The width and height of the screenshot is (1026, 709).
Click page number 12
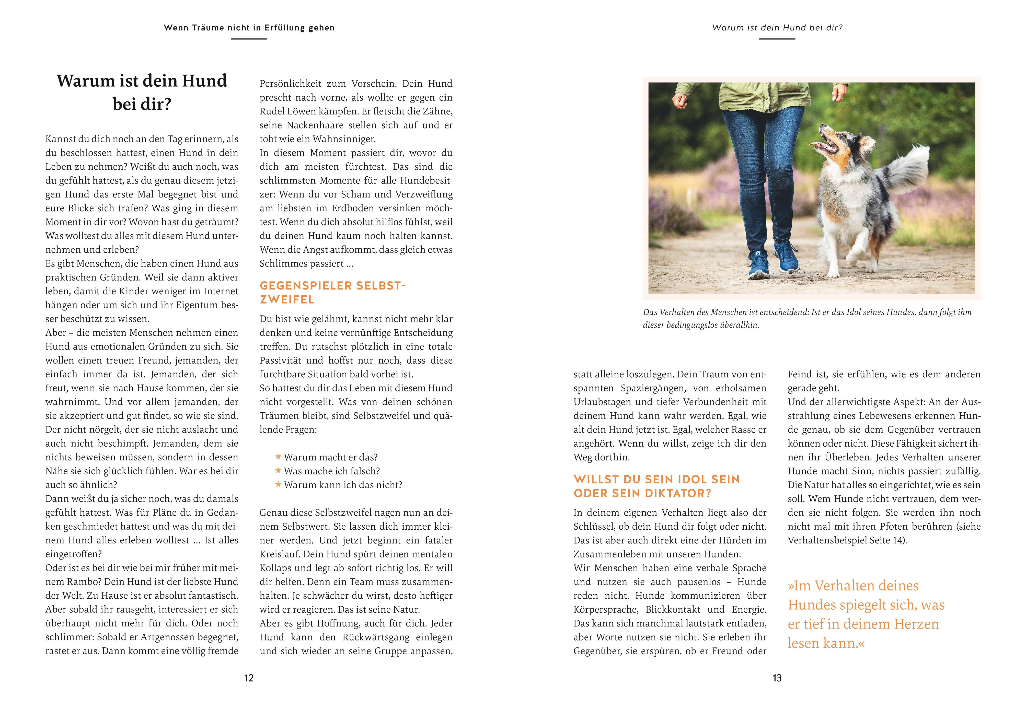click(x=249, y=678)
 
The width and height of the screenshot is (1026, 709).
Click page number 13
click(x=777, y=678)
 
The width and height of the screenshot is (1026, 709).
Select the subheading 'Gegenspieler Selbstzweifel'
click(x=333, y=292)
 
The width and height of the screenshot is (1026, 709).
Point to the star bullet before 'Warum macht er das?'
click(x=278, y=457)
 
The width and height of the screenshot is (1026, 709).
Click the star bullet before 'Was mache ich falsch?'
click(x=278, y=470)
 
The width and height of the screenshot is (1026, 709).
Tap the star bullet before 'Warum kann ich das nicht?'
click(x=278, y=484)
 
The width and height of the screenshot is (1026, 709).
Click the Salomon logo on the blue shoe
click(x=758, y=254)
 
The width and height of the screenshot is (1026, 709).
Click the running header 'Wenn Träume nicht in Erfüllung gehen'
click(x=249, y=28)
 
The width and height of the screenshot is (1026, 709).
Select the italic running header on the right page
click(x=777, y=28)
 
